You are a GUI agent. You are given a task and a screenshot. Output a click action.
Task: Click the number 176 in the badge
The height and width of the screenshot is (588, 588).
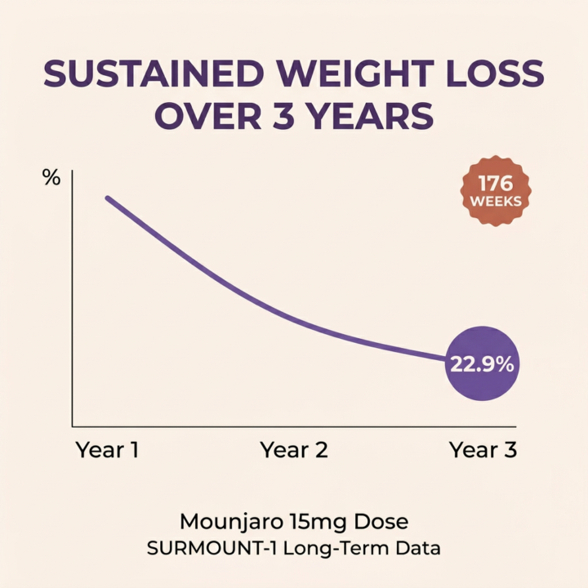[495, 183]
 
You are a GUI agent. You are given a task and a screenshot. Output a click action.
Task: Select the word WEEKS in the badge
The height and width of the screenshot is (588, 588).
[495, 201]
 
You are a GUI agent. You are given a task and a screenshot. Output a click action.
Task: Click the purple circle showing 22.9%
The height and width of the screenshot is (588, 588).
[482, 364]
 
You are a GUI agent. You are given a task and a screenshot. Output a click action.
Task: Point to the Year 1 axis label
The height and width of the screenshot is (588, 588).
[107, 450]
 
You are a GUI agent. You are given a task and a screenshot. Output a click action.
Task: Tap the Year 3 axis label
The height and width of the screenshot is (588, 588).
[483, 450]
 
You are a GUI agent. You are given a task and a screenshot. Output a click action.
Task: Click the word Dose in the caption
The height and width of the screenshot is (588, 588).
[384, 521]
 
